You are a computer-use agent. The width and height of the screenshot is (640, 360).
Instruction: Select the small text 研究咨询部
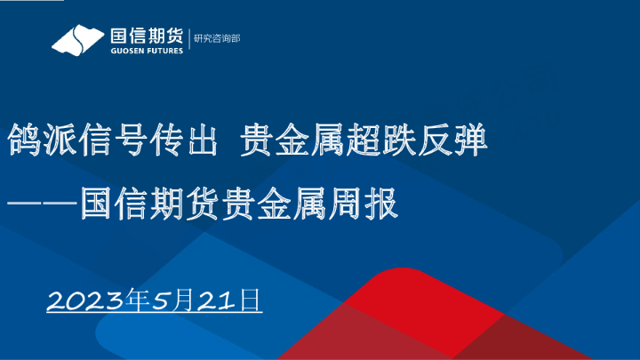pos(217,38)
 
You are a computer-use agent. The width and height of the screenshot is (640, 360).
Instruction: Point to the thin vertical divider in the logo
pos(188,39)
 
